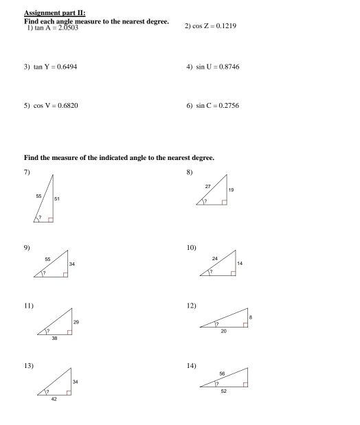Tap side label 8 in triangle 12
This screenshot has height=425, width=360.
[x=251, y=317]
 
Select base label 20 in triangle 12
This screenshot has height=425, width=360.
[x=224, y=331]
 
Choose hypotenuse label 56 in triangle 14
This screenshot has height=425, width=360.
[x=222, y=374]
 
